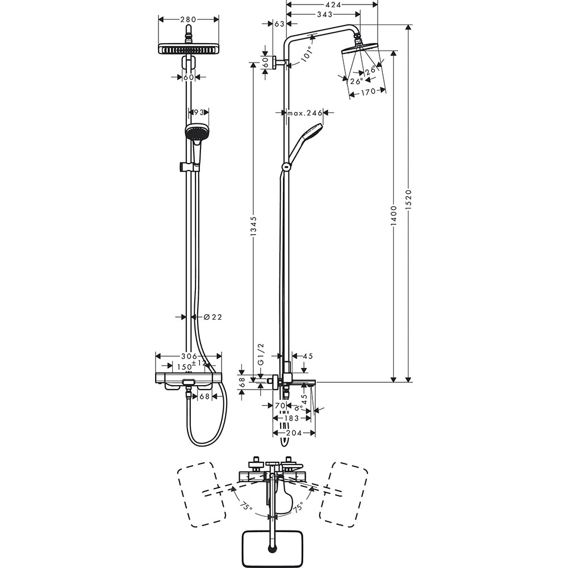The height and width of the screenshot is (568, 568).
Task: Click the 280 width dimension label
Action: [x=188, y=19]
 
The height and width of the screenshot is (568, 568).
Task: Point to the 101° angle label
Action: [x=307, y=54]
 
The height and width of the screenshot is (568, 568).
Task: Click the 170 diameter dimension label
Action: [x=369, y=91]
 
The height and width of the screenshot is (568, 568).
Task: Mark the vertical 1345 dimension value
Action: [x=253, y=227]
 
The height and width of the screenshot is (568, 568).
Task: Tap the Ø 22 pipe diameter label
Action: [x=212, y=317]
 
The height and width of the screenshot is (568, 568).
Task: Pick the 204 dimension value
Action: [x=293, y=432]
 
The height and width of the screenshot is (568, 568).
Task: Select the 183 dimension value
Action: [x=291, y=418]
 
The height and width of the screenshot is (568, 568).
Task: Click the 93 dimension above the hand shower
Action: [x=198, y=112]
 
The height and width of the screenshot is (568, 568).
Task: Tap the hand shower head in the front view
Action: [x=197, y=132]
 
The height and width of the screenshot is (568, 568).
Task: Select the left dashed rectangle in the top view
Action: [x=202, y=493]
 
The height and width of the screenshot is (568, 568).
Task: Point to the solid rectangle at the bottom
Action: [x=273, y=548]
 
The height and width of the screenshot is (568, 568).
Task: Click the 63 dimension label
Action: [x=279, y=24]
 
